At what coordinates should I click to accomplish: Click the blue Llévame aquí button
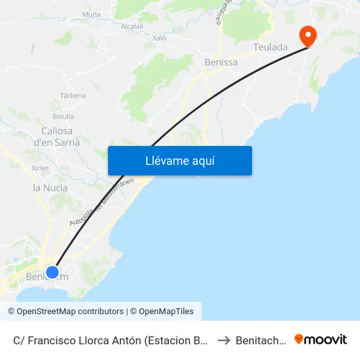point(179,160)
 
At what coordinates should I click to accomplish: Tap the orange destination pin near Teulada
point(306,35)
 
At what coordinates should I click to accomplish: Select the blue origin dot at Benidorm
point(52,272)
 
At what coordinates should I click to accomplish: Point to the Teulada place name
point(270,47)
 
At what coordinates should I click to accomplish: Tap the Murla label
point(92,14)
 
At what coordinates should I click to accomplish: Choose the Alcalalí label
point(132,26)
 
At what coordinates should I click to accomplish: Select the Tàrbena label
point(73,96)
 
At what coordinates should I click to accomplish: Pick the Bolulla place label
point(63,117)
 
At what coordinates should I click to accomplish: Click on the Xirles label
point(40,168)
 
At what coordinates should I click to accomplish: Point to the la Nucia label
point(50,188)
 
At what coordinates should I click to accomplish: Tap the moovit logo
point(321,339)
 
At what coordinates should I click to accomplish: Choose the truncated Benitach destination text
point(261,340)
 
